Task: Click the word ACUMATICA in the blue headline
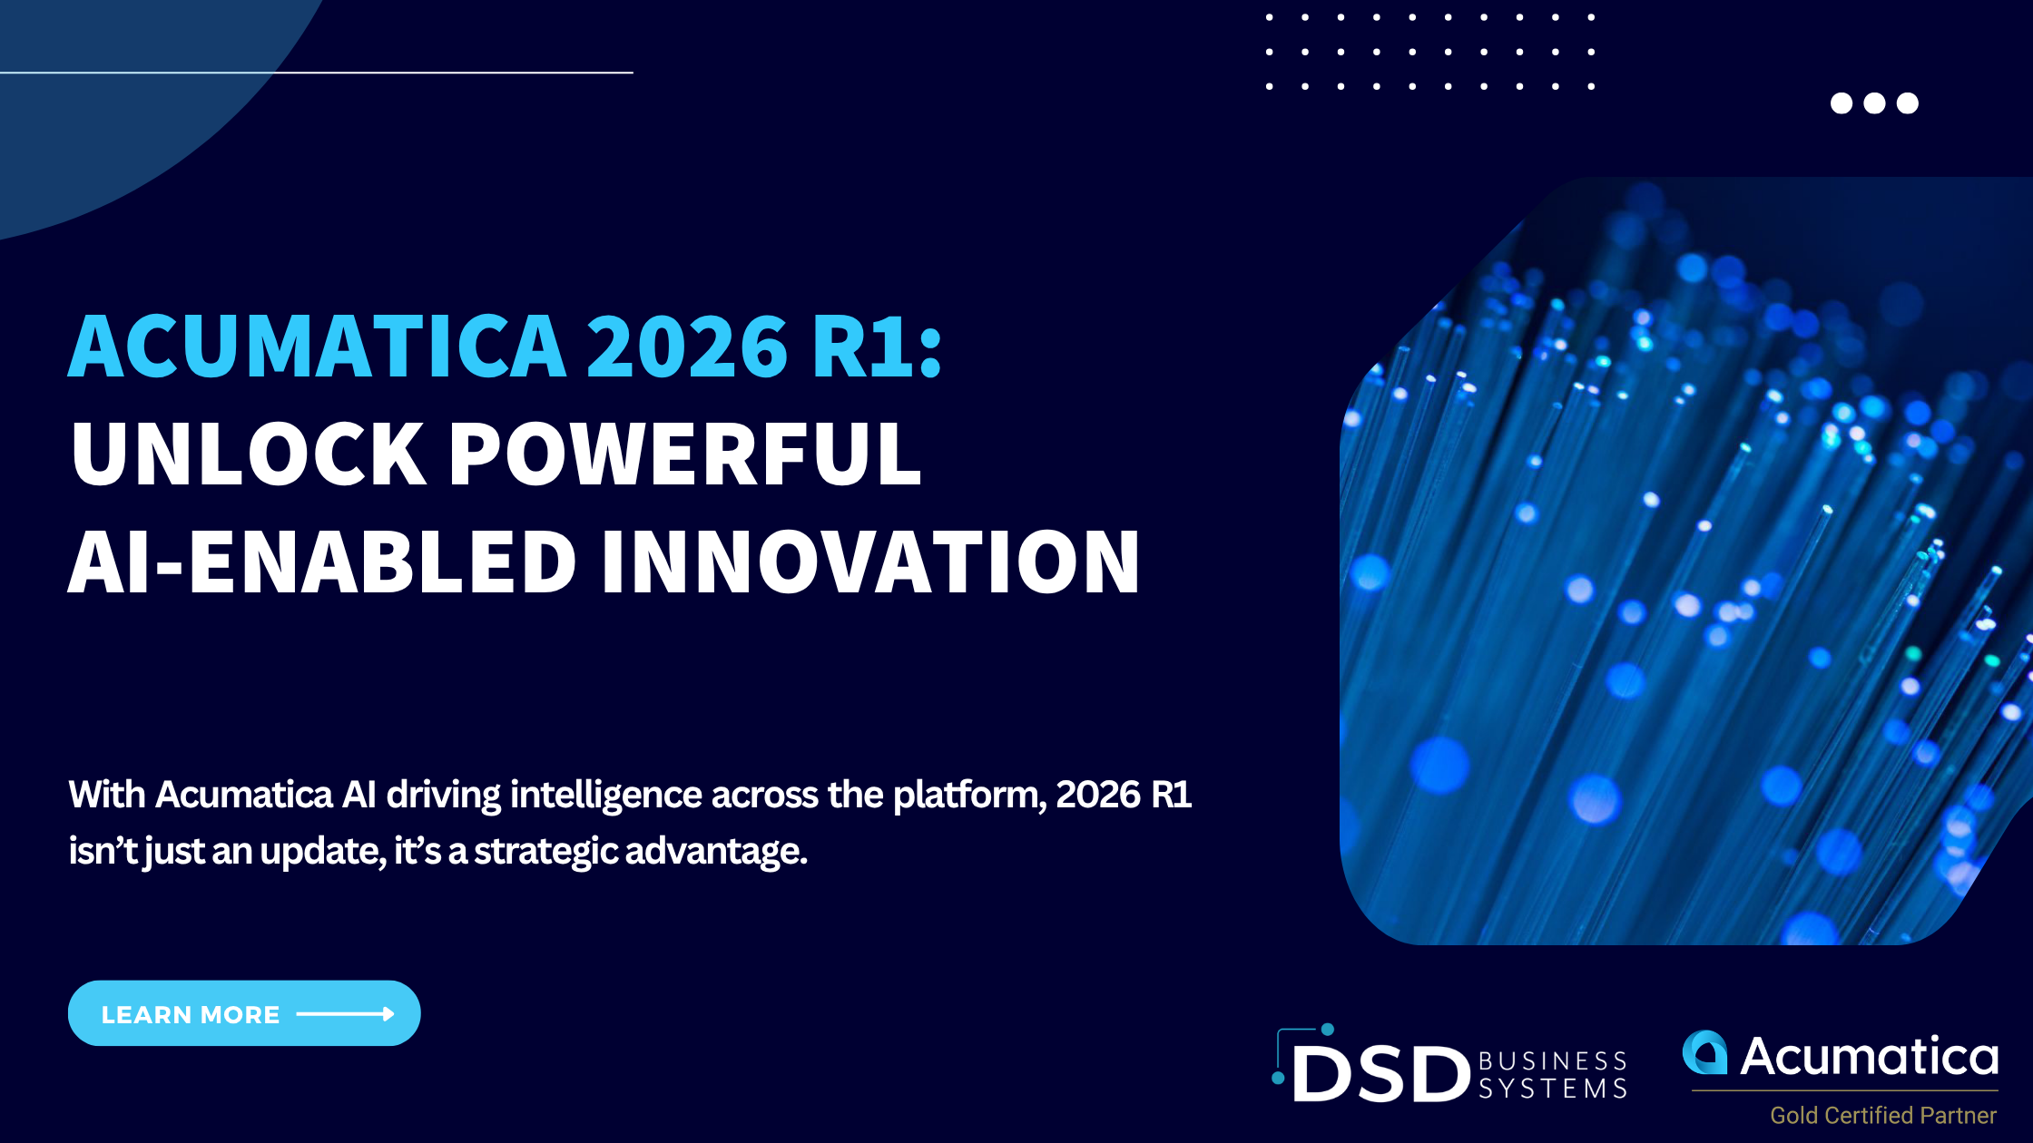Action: pos(318,346)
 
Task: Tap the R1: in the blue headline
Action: pos(878,346)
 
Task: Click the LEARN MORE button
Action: pos(244,1013)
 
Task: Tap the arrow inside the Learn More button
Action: pos(346,1014)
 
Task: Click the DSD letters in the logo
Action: pos(1380,1074)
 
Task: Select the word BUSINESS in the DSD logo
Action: pos(1553,1060)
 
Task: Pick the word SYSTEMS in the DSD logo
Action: pos(1553,1088)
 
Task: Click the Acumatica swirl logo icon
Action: pos(1705,1052)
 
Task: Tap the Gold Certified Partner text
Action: pos(1883,1115)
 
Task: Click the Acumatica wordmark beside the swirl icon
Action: pos(1870,1056)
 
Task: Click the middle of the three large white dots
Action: pos(1874,103)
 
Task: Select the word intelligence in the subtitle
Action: pos(606,796)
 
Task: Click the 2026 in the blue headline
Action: pos(687,346)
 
